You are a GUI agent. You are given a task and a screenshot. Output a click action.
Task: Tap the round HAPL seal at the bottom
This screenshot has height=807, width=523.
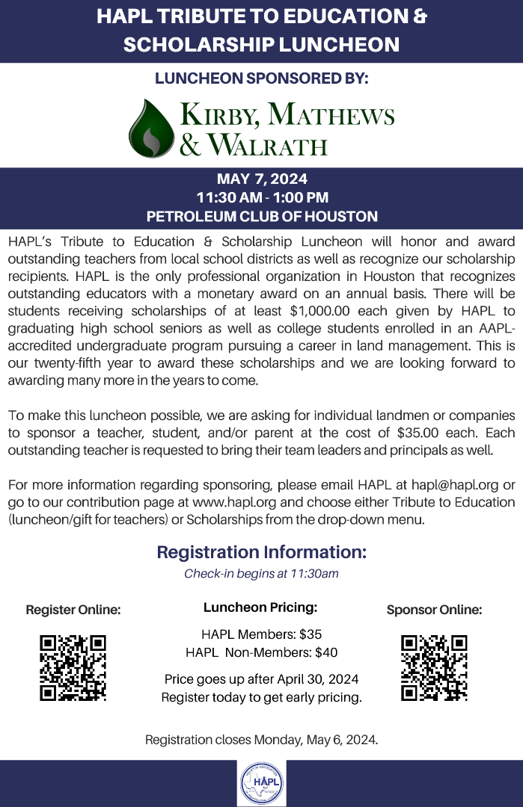pyautogui.click(x=261, y=783)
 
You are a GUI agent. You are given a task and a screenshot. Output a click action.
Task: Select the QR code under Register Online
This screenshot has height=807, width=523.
pyautogui.click(x=73, y=667)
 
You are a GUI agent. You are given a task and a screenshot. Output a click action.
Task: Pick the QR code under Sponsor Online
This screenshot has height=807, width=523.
pyautogui.click(x=434, y=667)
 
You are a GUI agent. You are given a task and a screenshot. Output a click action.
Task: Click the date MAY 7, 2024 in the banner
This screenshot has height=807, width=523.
pyautogui.click(x=262, y=179)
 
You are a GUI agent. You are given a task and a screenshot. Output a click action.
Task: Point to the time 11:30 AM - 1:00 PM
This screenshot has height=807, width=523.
pyautogui.click(x=262, y=198)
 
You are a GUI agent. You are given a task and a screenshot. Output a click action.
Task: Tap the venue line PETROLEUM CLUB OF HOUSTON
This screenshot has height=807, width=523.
pyautogui.click(x=262, y=217)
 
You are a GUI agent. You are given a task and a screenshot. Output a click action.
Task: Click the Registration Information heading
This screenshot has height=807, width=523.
pyautogui.click(x=262, y=553)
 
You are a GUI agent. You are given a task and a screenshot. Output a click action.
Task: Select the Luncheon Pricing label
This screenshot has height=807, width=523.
pyautogui.click(x=260, y=608)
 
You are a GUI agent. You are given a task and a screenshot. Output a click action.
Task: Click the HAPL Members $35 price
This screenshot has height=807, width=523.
pyautogui.click(x=262, y=634)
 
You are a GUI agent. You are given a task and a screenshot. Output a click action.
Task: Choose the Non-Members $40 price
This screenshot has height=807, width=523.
pyautogui.click(x=262, y=652)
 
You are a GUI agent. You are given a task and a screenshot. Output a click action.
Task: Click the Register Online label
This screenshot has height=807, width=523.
pyautogui.click(x=73, y=610)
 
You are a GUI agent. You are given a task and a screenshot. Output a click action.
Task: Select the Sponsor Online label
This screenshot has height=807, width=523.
pyautogui.click(x=434, y=610)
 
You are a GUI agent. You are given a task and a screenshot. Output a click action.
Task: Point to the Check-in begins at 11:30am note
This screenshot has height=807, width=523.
pyautogui.click(x=262, y=574)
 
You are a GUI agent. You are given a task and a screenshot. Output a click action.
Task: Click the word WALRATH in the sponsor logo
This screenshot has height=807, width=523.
pyautogui.click(x=267, y=143)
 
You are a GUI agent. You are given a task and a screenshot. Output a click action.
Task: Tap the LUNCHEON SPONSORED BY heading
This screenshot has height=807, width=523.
pyautogui.click(x=262, y=77)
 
